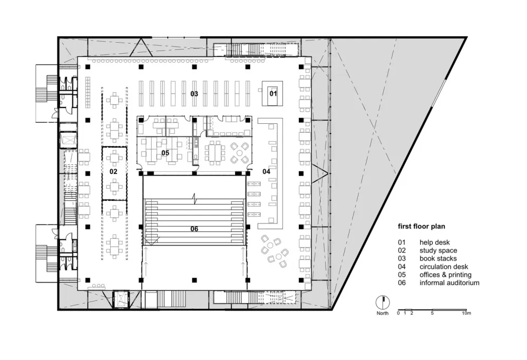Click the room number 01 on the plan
point(273,93)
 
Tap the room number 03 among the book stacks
point(194,94)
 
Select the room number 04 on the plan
point(266,171)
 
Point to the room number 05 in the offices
point(165,153)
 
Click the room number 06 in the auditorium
point(194,229)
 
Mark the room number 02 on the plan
point(113,171)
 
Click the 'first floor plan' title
point(421,227)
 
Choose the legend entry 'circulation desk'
point(444,267)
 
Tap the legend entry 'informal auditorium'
point(449,283)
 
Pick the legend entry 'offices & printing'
point(445,275)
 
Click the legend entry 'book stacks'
point(438,259)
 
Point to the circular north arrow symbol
point(383,303)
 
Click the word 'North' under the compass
point(383,314)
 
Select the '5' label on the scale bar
point(432,313)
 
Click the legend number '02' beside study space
point(402,251)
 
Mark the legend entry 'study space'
point(438,251)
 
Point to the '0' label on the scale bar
point(398,313)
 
